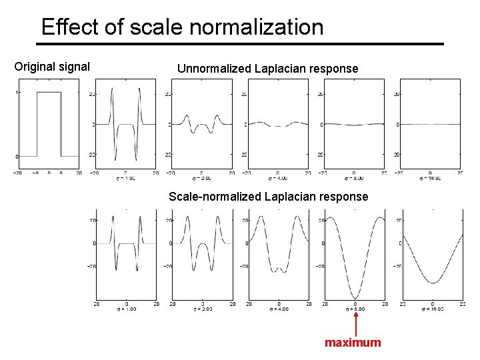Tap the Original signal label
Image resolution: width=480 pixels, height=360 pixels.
(52, 67)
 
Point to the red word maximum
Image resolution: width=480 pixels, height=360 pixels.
(353, 343)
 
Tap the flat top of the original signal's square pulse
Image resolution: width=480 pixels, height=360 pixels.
(49, 93)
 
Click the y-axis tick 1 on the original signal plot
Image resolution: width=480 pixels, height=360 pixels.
(17, 93)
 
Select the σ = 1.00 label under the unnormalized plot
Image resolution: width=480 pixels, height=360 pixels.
(125, 179)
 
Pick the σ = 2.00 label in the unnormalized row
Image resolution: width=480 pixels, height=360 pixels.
(202, 179)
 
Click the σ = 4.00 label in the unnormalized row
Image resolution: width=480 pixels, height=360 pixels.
(278, 179)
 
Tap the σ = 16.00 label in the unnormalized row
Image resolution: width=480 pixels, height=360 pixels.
(431, 179)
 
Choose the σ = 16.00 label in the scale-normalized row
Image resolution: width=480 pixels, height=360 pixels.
(431, 309)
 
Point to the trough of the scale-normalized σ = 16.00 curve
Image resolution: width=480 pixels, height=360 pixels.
(432, 283)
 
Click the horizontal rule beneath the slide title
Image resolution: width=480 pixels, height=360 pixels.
(240, 44)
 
